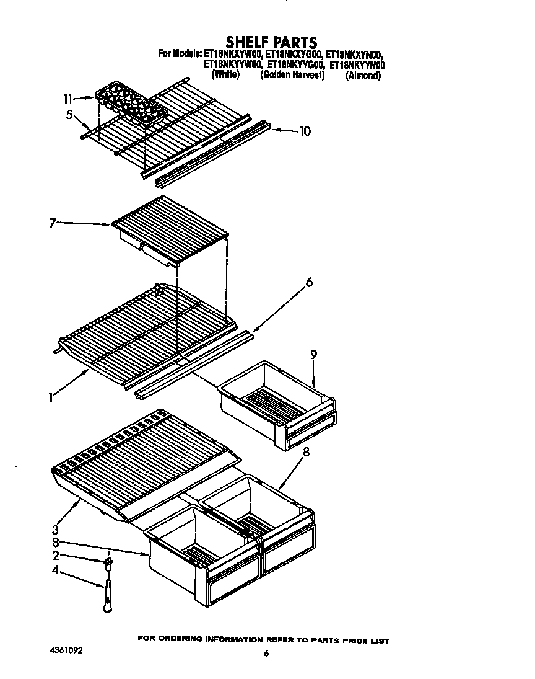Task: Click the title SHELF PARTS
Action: click(271, 42)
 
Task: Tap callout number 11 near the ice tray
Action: click(67, 99)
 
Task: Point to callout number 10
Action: click(305, 131)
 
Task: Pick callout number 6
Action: click(308, 283)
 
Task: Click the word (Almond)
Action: click(363, 76)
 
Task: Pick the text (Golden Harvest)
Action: click(292, 75)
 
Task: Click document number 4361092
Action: click(66, 651)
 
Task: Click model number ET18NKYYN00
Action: click(357, 64)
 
